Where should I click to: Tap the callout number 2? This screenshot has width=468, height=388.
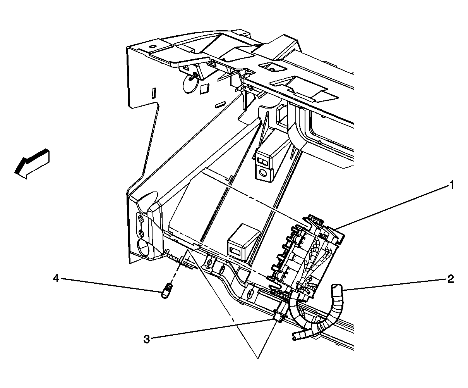click(x=450, y=279)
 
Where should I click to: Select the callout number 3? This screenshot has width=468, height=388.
click(x=147, y=340)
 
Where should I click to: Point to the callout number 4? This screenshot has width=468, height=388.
click(x=56, y=279)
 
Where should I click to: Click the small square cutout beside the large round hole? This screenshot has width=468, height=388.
click(x=204, y=90)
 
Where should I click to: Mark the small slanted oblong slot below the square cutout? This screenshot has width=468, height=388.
click(x=220, y=104)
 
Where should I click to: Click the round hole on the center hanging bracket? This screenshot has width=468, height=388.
click(x=263, y=172)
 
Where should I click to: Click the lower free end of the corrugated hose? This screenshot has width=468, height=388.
click(x=295, y=337)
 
